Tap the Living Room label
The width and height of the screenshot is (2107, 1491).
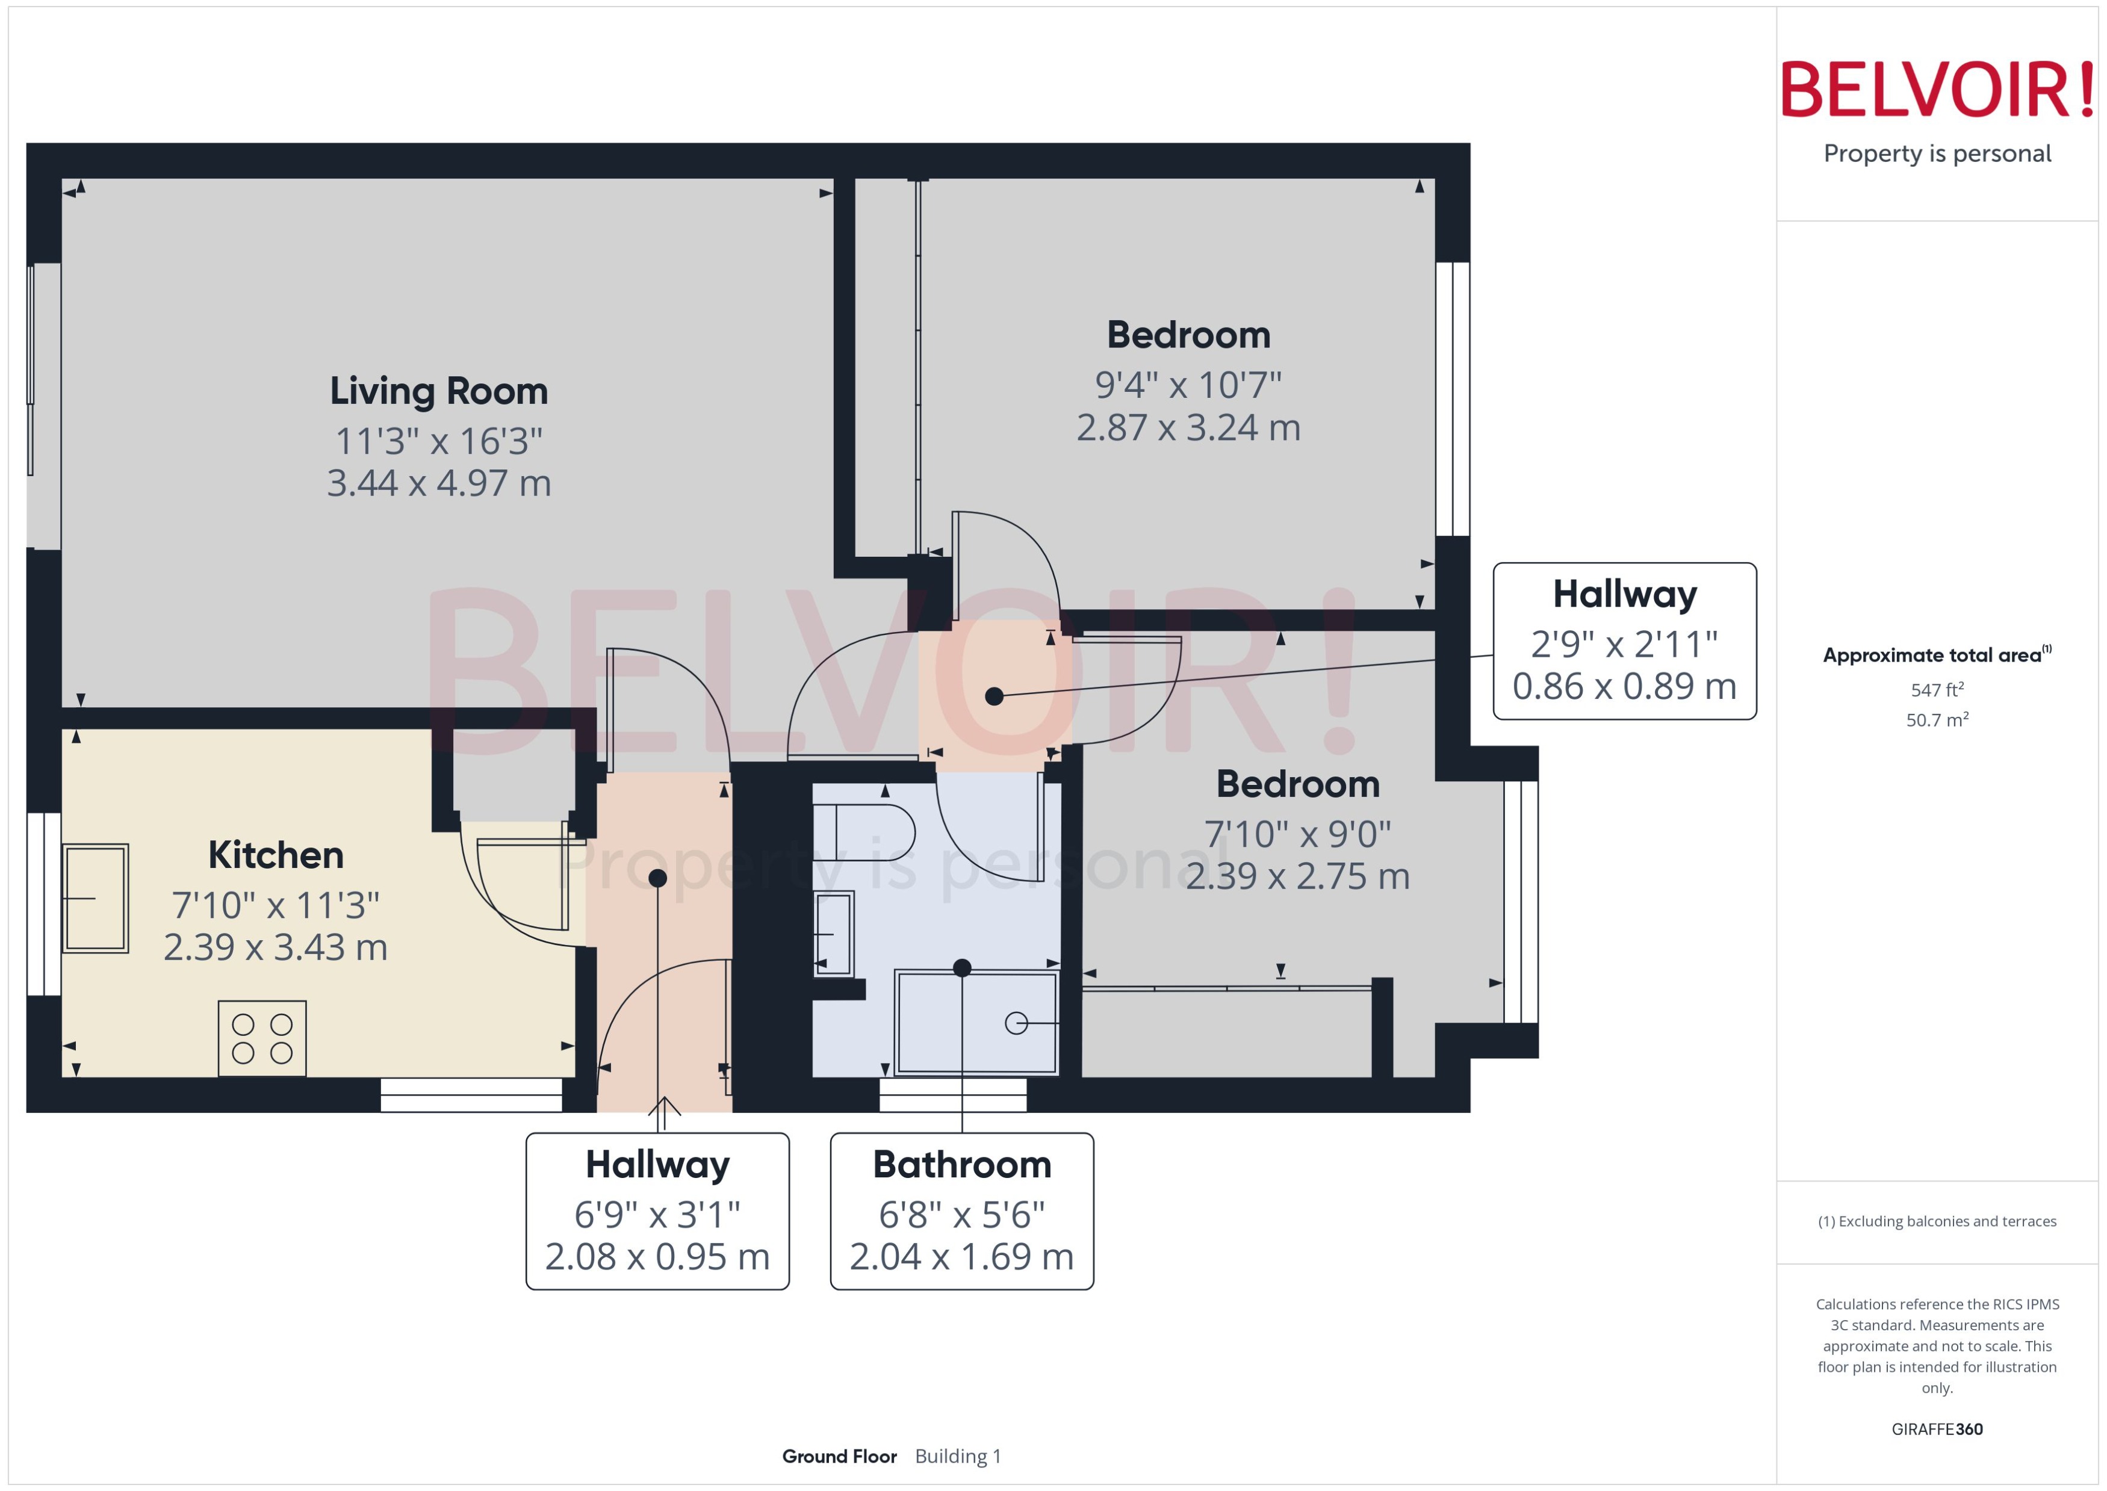pos(439,391)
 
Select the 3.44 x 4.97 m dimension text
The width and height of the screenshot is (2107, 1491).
pos(439,483)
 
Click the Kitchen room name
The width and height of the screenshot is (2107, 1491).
pos(276,855)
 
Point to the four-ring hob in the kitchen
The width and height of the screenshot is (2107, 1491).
pos(262,1038)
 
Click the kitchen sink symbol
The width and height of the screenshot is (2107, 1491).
pos(96,898)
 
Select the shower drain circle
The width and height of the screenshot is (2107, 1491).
pos(1016,1022)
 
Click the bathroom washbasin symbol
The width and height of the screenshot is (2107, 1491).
pos(833,933)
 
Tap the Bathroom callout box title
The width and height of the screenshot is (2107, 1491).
pos(961,1164)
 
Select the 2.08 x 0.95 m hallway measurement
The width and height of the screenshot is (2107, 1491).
pos(657,1256)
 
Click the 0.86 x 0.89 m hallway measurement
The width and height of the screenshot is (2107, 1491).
pos(1624,686)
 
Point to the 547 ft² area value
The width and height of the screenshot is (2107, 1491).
pos(1936,689)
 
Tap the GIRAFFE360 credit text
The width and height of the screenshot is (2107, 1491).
pos(1936,1428)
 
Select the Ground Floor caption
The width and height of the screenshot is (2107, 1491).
pos(839,1456)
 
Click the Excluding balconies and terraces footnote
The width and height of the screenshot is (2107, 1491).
pos(1936,1221)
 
